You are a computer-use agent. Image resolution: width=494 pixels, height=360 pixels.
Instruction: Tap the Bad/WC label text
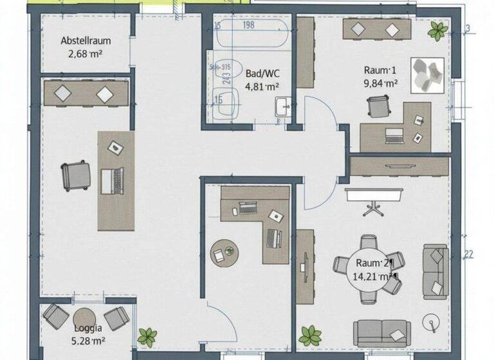pyautogui.click(x=262, y=73)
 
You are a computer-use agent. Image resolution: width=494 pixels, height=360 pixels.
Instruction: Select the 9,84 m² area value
pyautogui.click(x=380, y=82)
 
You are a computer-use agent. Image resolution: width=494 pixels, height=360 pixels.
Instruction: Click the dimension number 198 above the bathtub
pyautogui.click(x=250, y=26)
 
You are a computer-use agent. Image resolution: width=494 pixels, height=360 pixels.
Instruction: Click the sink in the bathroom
pyautogui.click(x=281, y=107)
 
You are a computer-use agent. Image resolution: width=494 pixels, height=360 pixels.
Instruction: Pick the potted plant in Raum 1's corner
pyautogui.click(x=438, y=30)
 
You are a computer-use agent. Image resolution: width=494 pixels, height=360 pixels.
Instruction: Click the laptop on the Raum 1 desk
pyautogui.click(x=393, y=135)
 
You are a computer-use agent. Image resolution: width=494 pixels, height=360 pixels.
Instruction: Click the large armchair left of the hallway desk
pyautogui.click(x=77, y=175)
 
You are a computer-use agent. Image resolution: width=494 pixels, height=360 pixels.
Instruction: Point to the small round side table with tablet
pyautogui.click(x=224, y=252)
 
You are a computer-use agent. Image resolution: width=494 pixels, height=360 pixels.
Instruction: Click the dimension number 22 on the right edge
pyautogui.click(x=468, y=255)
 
